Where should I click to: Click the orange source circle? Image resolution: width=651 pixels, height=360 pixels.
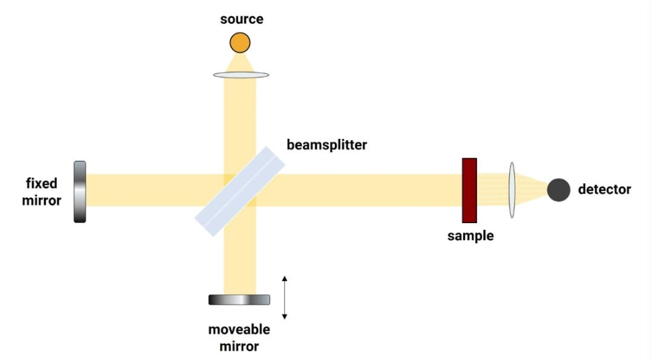coord(240,42)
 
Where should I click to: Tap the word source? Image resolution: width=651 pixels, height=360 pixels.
coord(242,19)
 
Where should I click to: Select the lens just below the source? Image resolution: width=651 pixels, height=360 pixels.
coord(241,75)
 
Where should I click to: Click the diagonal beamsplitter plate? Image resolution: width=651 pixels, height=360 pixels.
coord(240,191)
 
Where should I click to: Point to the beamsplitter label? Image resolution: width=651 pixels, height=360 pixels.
coord(327,145)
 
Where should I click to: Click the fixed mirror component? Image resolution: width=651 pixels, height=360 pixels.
coord(80,192)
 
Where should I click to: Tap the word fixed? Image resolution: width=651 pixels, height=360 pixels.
coord(42,183)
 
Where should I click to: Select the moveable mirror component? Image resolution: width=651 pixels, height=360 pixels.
coord(239,300)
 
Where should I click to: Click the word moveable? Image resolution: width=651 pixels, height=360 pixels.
coord(239,329)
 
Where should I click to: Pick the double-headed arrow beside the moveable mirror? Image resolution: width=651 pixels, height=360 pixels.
coord(284,297)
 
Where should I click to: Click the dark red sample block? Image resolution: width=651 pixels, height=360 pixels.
coord(470,190)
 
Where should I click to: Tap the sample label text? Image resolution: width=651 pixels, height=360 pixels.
coord(470,236)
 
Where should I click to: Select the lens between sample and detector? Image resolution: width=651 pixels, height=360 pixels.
coord(512,190)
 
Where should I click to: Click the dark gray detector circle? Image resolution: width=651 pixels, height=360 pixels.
coord(559,189)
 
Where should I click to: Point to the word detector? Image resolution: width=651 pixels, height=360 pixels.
coord(604,189)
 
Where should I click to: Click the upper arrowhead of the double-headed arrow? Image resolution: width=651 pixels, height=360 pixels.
coord(284,278)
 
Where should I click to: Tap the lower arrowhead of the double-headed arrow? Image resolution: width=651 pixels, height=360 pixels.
coord(284,317)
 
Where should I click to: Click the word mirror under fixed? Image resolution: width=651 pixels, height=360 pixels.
coord(42,200)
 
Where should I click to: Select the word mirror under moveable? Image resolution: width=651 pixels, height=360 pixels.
coord(239,347)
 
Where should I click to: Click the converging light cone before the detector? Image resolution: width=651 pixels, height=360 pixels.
coord(532,190)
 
